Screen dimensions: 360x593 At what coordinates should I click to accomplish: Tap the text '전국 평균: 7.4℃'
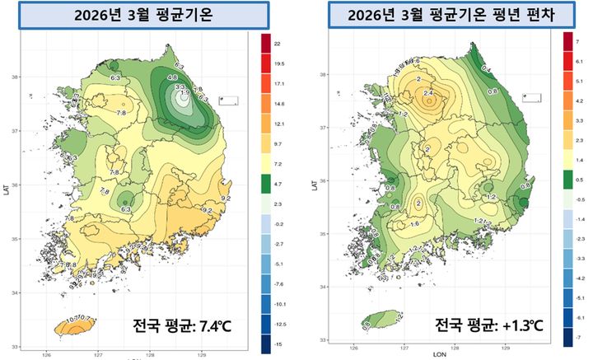coord(182,327)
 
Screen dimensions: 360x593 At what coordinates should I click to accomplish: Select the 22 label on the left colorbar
coord(278,42)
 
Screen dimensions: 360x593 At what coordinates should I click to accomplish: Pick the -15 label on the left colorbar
coord(278,342)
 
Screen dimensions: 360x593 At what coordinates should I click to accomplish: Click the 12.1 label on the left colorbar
coord(278,123)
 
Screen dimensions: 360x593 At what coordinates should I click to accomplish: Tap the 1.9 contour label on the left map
coord(185,93)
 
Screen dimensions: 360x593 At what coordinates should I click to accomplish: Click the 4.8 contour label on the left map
coord(172,77)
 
